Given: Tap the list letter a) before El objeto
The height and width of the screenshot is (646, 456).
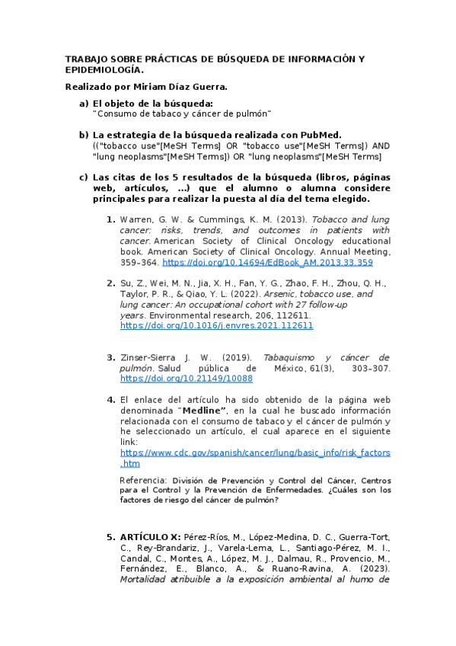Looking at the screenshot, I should coord(84,103).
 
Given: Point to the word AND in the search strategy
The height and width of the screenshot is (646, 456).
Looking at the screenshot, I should coord(381,146).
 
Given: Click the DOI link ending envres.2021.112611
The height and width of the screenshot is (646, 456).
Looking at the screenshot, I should coord(217,325).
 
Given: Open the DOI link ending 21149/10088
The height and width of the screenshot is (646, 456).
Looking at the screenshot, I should coord(187,378).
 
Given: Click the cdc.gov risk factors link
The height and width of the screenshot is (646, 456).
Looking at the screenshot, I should coord(256,453).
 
